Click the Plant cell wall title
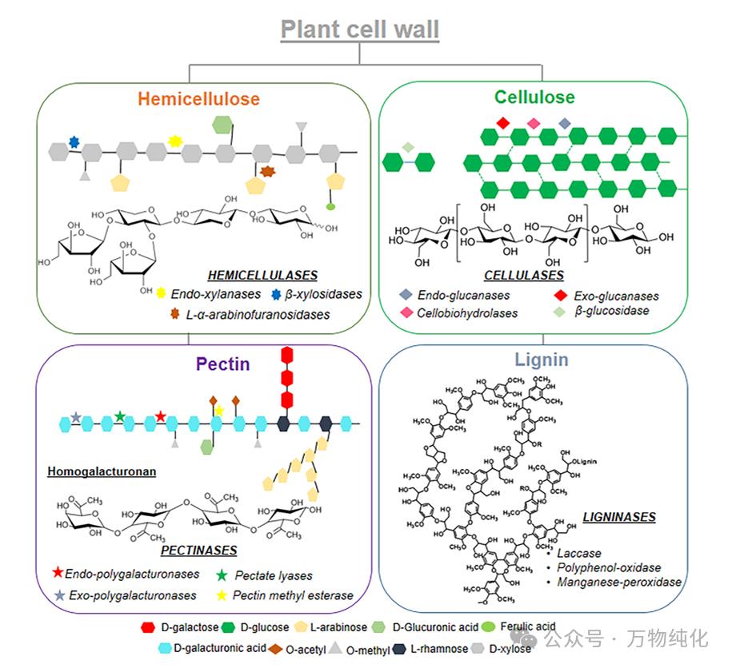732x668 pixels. [360, 30]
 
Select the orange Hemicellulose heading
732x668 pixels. [198, 99]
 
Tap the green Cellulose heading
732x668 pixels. [534, 97]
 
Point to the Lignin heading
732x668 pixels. [542, 360]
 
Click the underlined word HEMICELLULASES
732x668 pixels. [262, 276]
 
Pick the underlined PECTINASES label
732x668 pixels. [198, 551]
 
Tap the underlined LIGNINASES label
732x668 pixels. [618, 517]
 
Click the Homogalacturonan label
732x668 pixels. [102, 471]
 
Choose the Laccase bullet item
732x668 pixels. [579, 553]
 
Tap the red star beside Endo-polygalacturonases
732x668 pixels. [58, 573]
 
